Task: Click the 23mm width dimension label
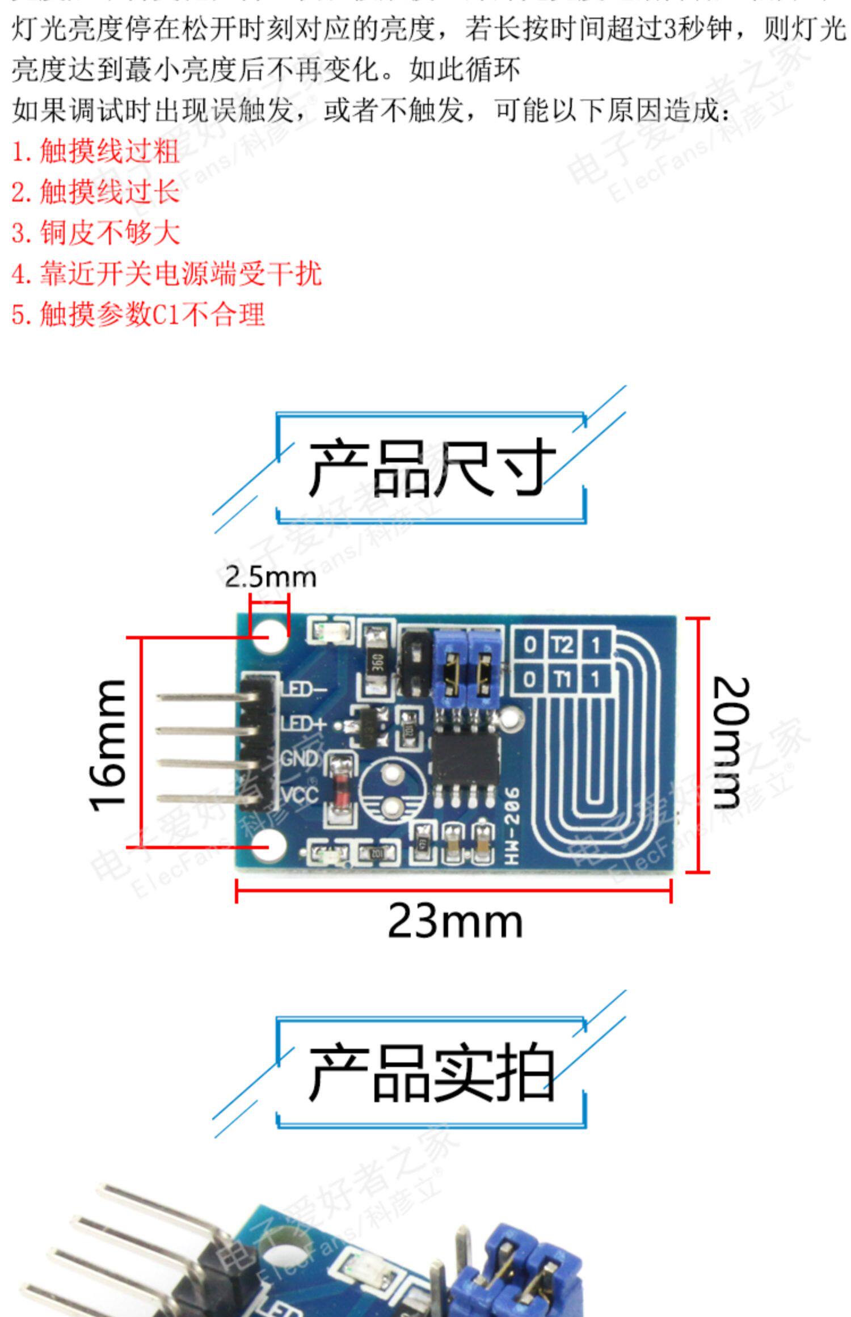click(x=454, y=922)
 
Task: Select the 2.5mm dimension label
click(x=270, y=577)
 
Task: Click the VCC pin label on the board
click(x=300, y=795)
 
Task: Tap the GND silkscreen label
click(x=300, y=758)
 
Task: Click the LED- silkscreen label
click(x=304, y=689)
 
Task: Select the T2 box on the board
click(x=562, y=644)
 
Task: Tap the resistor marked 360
click(x=375, y=661)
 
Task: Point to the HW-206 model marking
click(x=512, y=826)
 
